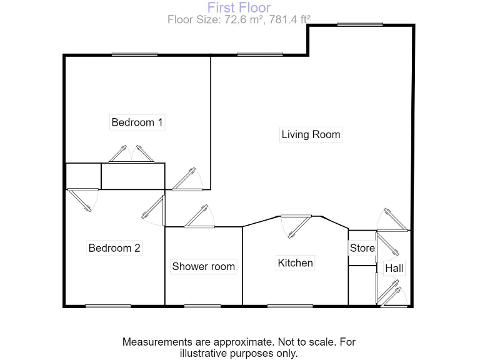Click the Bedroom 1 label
tap(137, 122)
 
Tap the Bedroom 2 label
tap(114, 248)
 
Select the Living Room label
tap(311, 134)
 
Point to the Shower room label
tap(203, 266)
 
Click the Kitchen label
tap(295, 263)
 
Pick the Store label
tap(362, 248)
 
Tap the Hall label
tap(394, 269)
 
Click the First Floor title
tap(239, 7)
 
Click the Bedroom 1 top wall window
tap(134, 54)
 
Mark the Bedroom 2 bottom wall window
tap(108, 306)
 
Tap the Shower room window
tap(202, 306)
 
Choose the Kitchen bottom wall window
tap(290, 306)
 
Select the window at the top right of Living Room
tap(360, 24)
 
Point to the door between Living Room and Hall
tap(393, 219)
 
